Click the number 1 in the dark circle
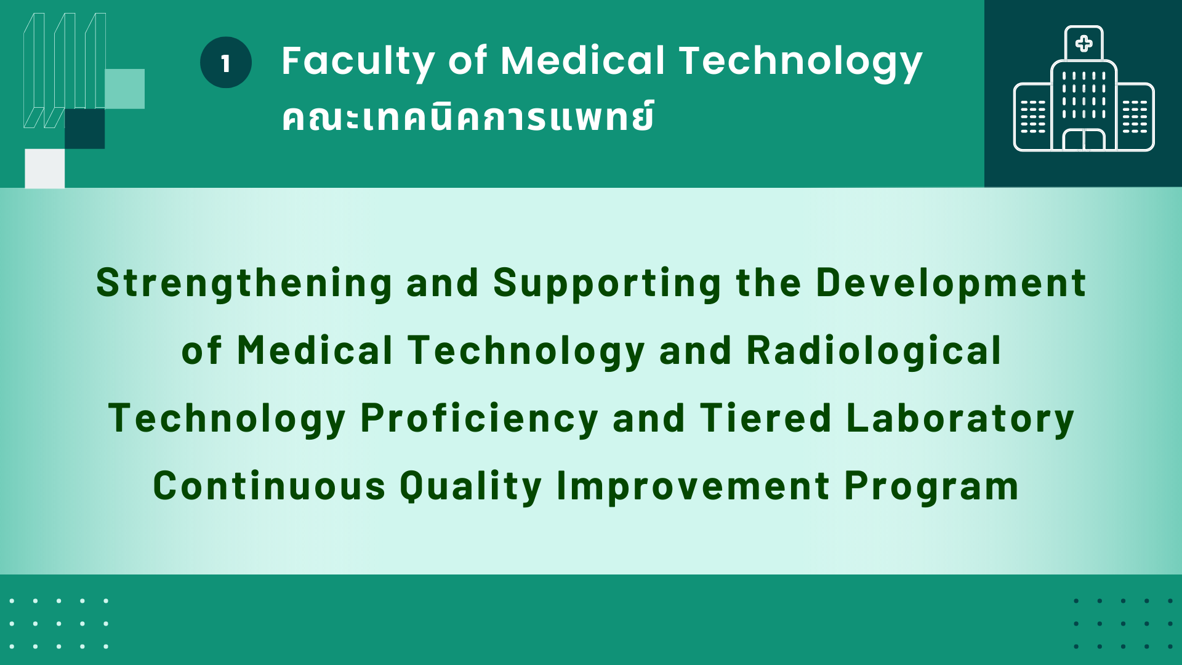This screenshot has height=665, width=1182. coord(225,63)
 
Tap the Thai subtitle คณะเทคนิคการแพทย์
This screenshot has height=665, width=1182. coord(468,116)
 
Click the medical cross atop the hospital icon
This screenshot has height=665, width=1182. coord(1083,43)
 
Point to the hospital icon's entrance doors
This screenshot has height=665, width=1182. coord(1083,140)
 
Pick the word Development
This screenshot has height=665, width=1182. coord(951,283)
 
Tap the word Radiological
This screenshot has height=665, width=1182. coord(874,351)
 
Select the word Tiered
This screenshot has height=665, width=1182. coord(766,419)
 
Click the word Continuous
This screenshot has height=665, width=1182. coord(270,486)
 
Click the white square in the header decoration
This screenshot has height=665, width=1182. coord(44,168)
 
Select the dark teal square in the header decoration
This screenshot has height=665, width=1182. coord(84,129)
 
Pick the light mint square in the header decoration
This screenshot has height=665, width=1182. coord(124,89)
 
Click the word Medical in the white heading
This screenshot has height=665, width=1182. coord(583,61)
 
